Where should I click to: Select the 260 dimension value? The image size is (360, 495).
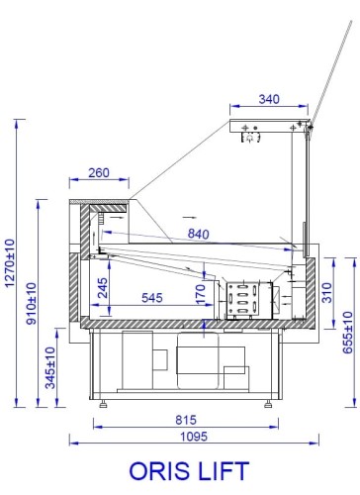(98, 172)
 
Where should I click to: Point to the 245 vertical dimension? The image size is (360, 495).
(104, 288)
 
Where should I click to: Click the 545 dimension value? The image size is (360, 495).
(152, 297)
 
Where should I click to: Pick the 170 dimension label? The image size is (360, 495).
(201, 293)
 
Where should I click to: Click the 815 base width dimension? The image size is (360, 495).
(185, 420)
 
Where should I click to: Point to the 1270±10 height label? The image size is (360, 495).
(10, 258)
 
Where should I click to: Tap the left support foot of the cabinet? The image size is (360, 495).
(104, 404)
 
